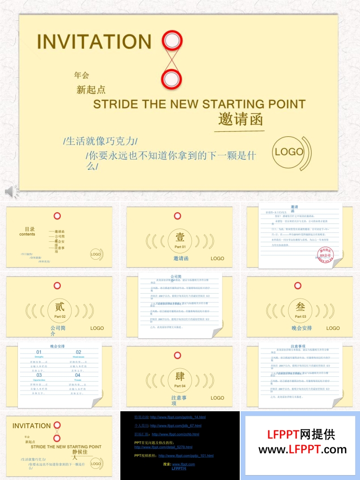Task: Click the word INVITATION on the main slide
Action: coord(94,41)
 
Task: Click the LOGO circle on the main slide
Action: coord(289,152)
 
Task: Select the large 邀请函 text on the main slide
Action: coord(240,119)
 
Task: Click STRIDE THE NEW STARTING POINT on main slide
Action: coord(199,105)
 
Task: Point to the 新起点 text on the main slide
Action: coord(91,90)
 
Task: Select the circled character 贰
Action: coord(59,307)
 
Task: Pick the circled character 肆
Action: coord(180,377)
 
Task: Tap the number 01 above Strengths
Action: coord(39,352)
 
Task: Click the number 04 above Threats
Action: coord(78,375)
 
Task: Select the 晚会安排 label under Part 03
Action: coord(302,328)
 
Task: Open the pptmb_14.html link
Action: coord(178,417)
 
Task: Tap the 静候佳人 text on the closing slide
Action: coord(81,455)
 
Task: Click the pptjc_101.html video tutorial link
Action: coord(186,456)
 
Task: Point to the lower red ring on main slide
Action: coord(171,80)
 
